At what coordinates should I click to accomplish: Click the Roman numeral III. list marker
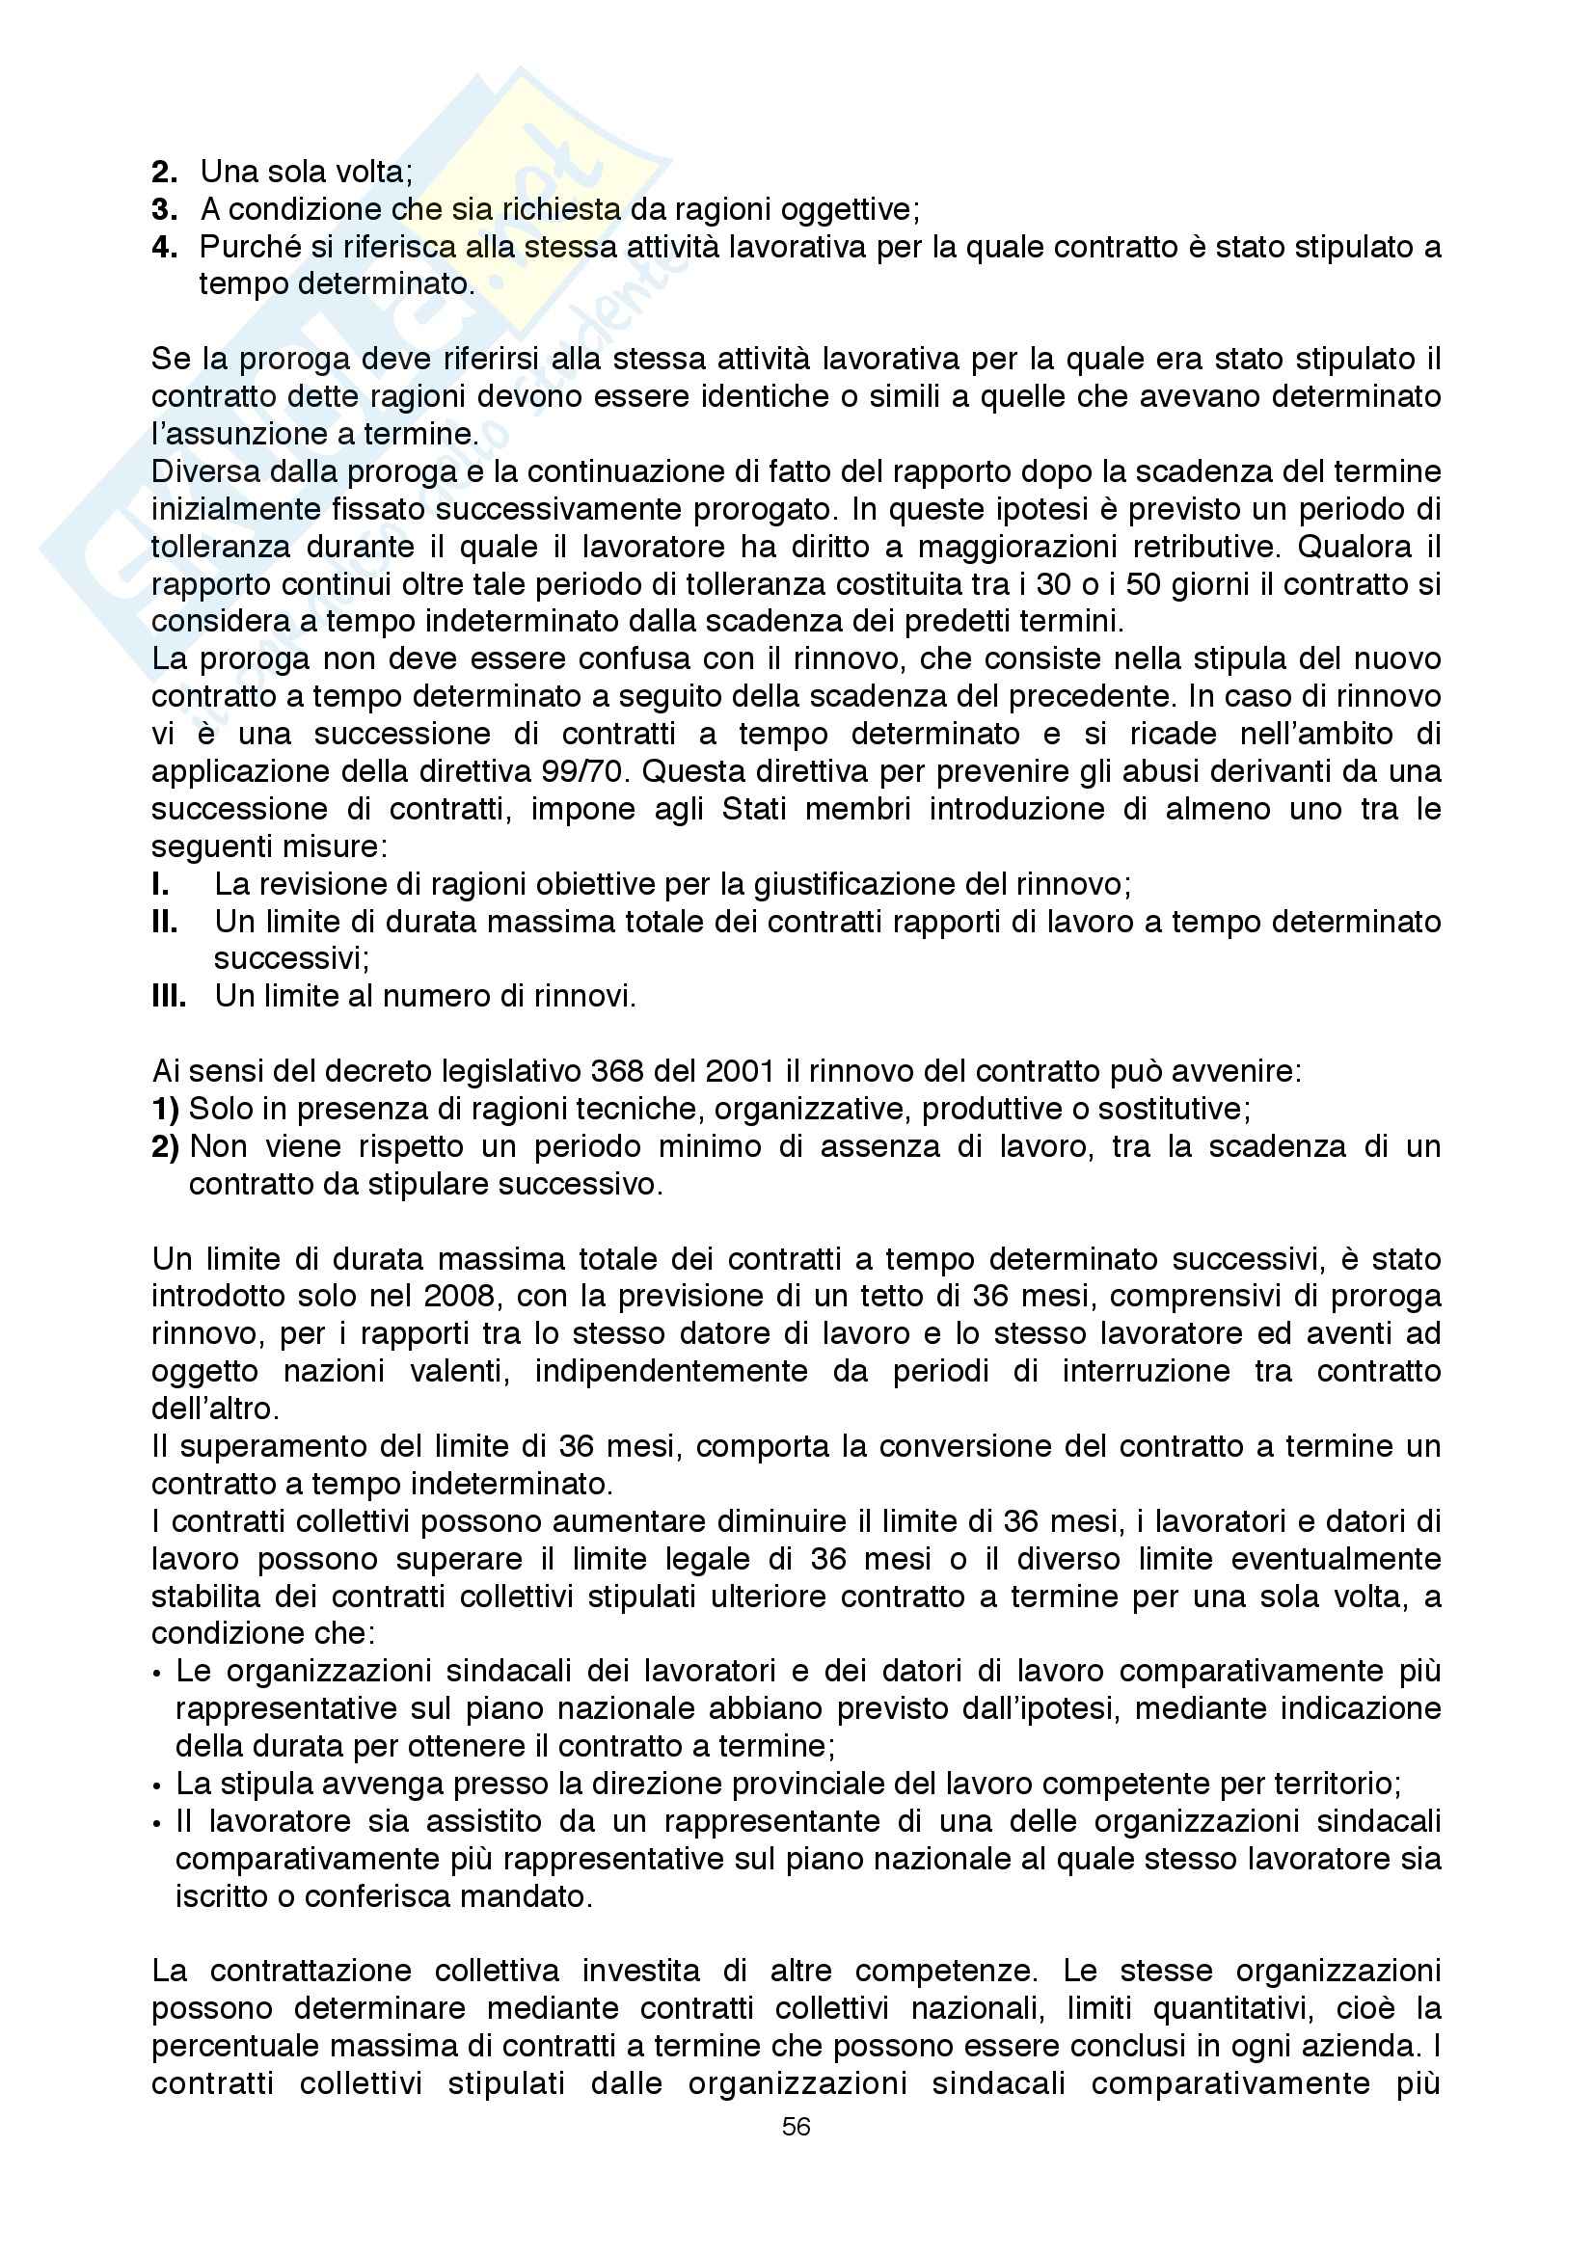coord(169,997)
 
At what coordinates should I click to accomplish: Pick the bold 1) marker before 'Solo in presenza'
coord(165,1109)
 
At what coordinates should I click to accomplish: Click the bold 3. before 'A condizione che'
coord(165,209)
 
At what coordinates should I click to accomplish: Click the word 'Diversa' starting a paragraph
coord(199,471)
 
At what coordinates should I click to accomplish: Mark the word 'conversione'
coord(993,1447)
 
